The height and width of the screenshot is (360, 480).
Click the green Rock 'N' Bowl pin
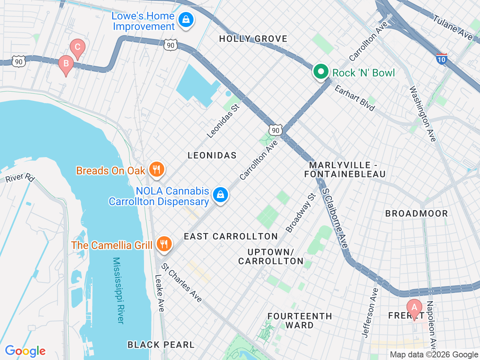[321, 72]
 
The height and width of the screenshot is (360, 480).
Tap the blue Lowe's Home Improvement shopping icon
[186, 20]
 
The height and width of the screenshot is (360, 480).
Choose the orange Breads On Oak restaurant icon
[156, 170]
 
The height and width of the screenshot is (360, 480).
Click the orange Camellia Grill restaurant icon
[164, 244]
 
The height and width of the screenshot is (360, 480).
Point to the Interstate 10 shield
[441, 59]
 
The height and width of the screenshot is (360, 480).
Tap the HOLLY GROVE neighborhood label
[253, 39]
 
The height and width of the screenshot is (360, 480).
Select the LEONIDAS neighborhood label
[212, 155]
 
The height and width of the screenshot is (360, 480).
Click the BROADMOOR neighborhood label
[416, 214]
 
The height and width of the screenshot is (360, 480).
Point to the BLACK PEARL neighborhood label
[161, 345]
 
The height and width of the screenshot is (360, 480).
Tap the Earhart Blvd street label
[354, 98]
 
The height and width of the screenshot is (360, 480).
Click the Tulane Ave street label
[453, 27]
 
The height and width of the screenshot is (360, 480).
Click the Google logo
[25, 351]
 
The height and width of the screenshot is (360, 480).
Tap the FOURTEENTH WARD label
[300, 321]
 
